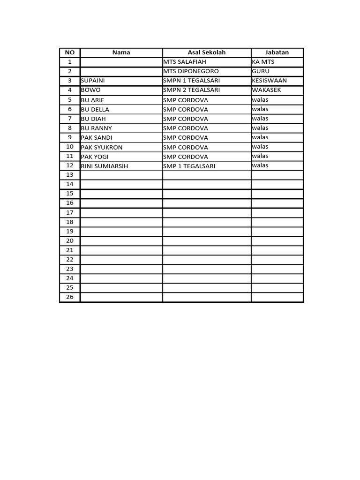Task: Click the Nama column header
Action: pos(121,52)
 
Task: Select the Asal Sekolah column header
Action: pos(206,52)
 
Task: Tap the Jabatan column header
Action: pos(277,52)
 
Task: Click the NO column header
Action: pos(70,52)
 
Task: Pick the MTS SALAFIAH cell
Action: pos(185,62)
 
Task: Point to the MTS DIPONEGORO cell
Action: pos(191,71)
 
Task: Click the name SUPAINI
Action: pos(93,81)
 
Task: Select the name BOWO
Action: pos(91,90)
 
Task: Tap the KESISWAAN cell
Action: pos(269,81)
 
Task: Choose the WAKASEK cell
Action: pos(266,90)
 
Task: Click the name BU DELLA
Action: pos(95,109)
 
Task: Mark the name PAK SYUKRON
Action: pos(102,147)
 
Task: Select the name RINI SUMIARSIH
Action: pos(105,166)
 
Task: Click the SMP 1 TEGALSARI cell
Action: pos(189,166)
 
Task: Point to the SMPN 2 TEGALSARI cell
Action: pos(191,90)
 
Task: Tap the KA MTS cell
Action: pos(263,62)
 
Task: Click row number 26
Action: pos(70,297)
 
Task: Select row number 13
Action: pos(70,175)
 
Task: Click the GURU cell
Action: pos(261,71)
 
